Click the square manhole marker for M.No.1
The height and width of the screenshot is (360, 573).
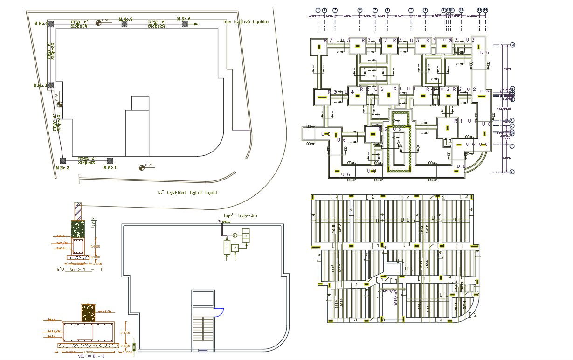point(110,160)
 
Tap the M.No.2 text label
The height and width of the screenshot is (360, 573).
point(62,168)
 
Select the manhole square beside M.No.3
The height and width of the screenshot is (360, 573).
point(51,85)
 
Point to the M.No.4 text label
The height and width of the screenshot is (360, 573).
point(41,23)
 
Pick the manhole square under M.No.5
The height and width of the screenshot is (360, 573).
point(124,24)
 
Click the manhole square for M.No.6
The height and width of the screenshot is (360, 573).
point(185,24)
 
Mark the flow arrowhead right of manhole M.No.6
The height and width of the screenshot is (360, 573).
point(196,24)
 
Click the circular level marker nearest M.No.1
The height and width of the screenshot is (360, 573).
point(141,167)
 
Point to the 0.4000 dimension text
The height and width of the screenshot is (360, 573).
point(95,247)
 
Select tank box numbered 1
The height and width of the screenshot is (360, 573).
point(227,246)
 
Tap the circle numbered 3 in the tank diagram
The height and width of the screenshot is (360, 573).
point(235,235)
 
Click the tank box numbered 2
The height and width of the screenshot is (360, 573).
point(235,247)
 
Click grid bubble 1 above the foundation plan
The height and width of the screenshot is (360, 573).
point(318,10)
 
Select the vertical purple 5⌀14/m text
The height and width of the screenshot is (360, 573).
point(395,298)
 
